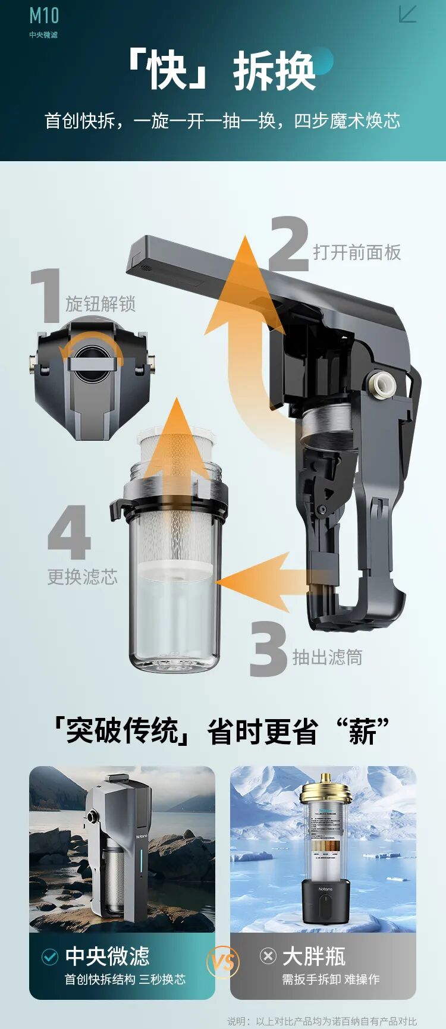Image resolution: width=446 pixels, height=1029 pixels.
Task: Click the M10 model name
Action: click(x=44, y=15)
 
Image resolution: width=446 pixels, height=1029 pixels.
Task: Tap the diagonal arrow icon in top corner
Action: click(x=407, y=14)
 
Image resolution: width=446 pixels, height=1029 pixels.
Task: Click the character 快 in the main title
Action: click(x=168, y=71)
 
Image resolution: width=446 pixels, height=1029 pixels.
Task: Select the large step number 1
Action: click(x=46, y=296)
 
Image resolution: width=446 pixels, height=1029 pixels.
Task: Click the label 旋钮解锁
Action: click(x=100, y=304)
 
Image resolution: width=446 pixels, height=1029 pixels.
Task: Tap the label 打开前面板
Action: click(x=357, y=252)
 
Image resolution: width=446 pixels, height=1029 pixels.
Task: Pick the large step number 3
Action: click(x=268, y=649)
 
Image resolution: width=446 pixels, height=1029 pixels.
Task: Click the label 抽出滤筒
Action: click(x=327, y=657)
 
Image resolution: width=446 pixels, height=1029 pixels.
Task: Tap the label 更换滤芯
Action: click(x=83, y=576)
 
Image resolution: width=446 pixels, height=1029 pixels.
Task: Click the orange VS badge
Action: click(x=223, y=962)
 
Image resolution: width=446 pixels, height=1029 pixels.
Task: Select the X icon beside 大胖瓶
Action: click(x=268, y=956)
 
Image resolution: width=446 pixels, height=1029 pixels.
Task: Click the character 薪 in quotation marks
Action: click(x=362, y=731)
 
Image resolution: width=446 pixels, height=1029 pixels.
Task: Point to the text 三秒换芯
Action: click(x=162, y=979)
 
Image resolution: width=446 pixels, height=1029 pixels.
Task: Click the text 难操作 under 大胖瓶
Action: click(x=362, y=979)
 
